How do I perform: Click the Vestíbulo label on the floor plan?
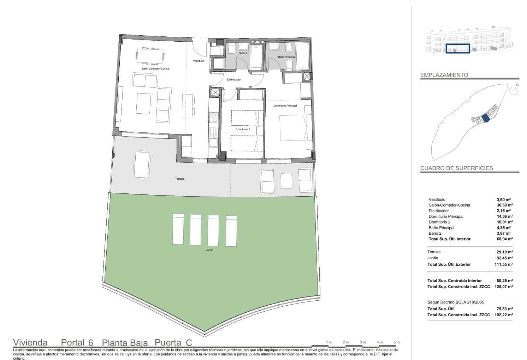tap(199, 61)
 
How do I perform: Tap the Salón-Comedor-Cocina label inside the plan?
tap(155, 68)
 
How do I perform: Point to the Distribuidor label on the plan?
tap(234, 80)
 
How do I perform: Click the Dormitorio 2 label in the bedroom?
tap(243, 129)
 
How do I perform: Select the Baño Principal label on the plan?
tap(286, 57)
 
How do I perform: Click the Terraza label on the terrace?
tap(179, 179)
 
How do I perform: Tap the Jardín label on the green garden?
tap(209, 250)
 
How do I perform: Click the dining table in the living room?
tap(150, 56)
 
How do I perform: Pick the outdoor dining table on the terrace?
tap(141, 165)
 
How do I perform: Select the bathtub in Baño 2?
tap(256, 56)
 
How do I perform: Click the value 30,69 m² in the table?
tap(505, 205)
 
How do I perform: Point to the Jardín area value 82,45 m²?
tap(505, 258)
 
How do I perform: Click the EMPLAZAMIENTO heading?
tap(444, 75)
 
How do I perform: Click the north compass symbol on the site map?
tap(514, 90)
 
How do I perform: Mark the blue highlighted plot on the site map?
tap(485, 118)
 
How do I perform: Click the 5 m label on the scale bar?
tap(396, 342)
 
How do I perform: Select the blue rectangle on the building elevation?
tap(457, 49)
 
